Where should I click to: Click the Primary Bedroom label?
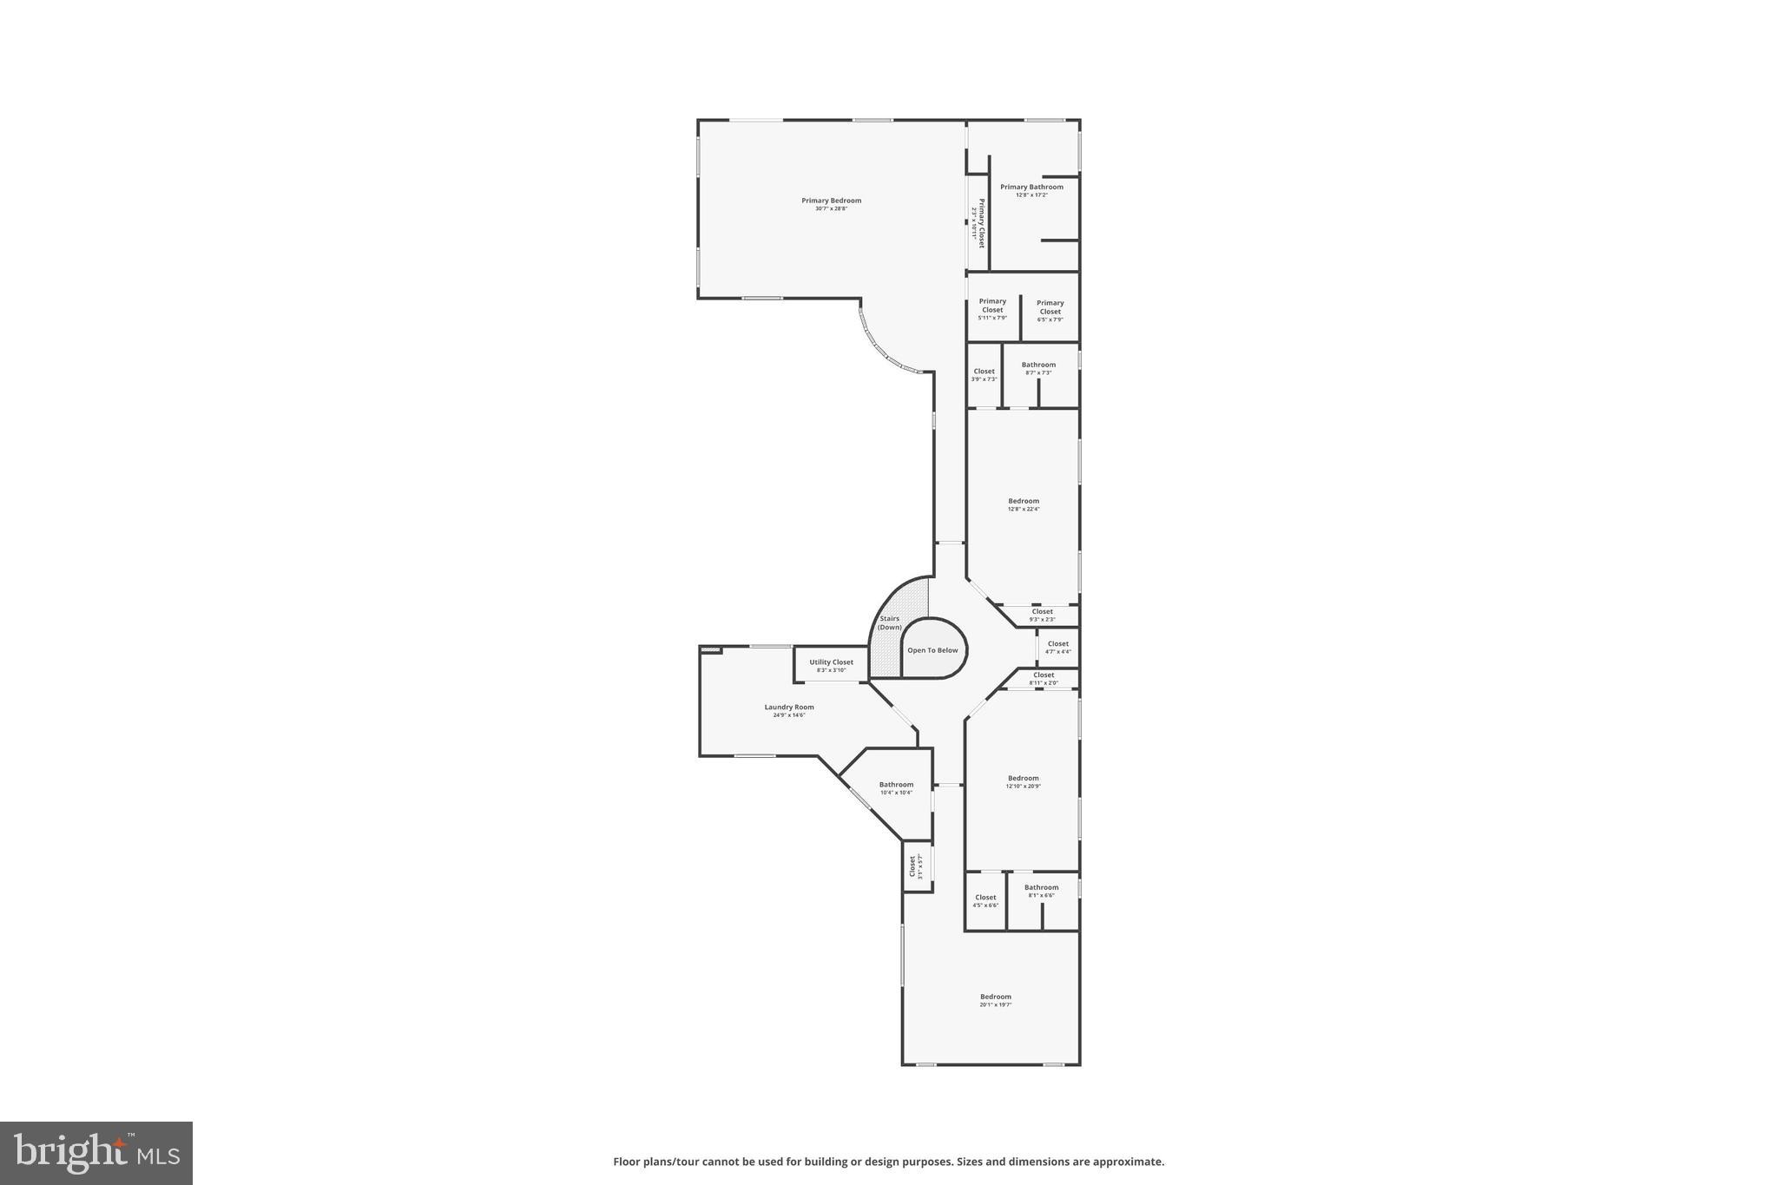point(831,201)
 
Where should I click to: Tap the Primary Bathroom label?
point(1031,188)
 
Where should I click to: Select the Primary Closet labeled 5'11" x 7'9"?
point(992,306)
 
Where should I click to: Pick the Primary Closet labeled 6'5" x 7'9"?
point(1050,308)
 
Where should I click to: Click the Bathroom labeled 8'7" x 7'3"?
point(1038,365)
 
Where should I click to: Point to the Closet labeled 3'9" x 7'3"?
point(984,372)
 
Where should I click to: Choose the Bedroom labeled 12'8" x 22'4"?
point(1024,502)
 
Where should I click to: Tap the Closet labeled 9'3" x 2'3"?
point(1042,612)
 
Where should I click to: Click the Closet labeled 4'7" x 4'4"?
point(1057,644)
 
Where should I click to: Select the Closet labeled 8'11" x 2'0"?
point(1044,675)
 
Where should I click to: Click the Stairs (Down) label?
point(890,623)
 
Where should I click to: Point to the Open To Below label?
point(932,650)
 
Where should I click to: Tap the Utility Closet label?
point(831,662)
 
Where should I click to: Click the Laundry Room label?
point(789,708)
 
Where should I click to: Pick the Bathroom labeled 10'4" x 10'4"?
point(896,785)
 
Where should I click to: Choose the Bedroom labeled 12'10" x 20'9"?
point(1024,779)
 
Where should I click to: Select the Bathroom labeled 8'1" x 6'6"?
point(1041,888)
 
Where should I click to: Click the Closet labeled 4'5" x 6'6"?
point(985,899)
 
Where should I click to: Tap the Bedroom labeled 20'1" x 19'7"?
point(996,997)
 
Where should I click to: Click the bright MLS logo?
point(96,1153)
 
